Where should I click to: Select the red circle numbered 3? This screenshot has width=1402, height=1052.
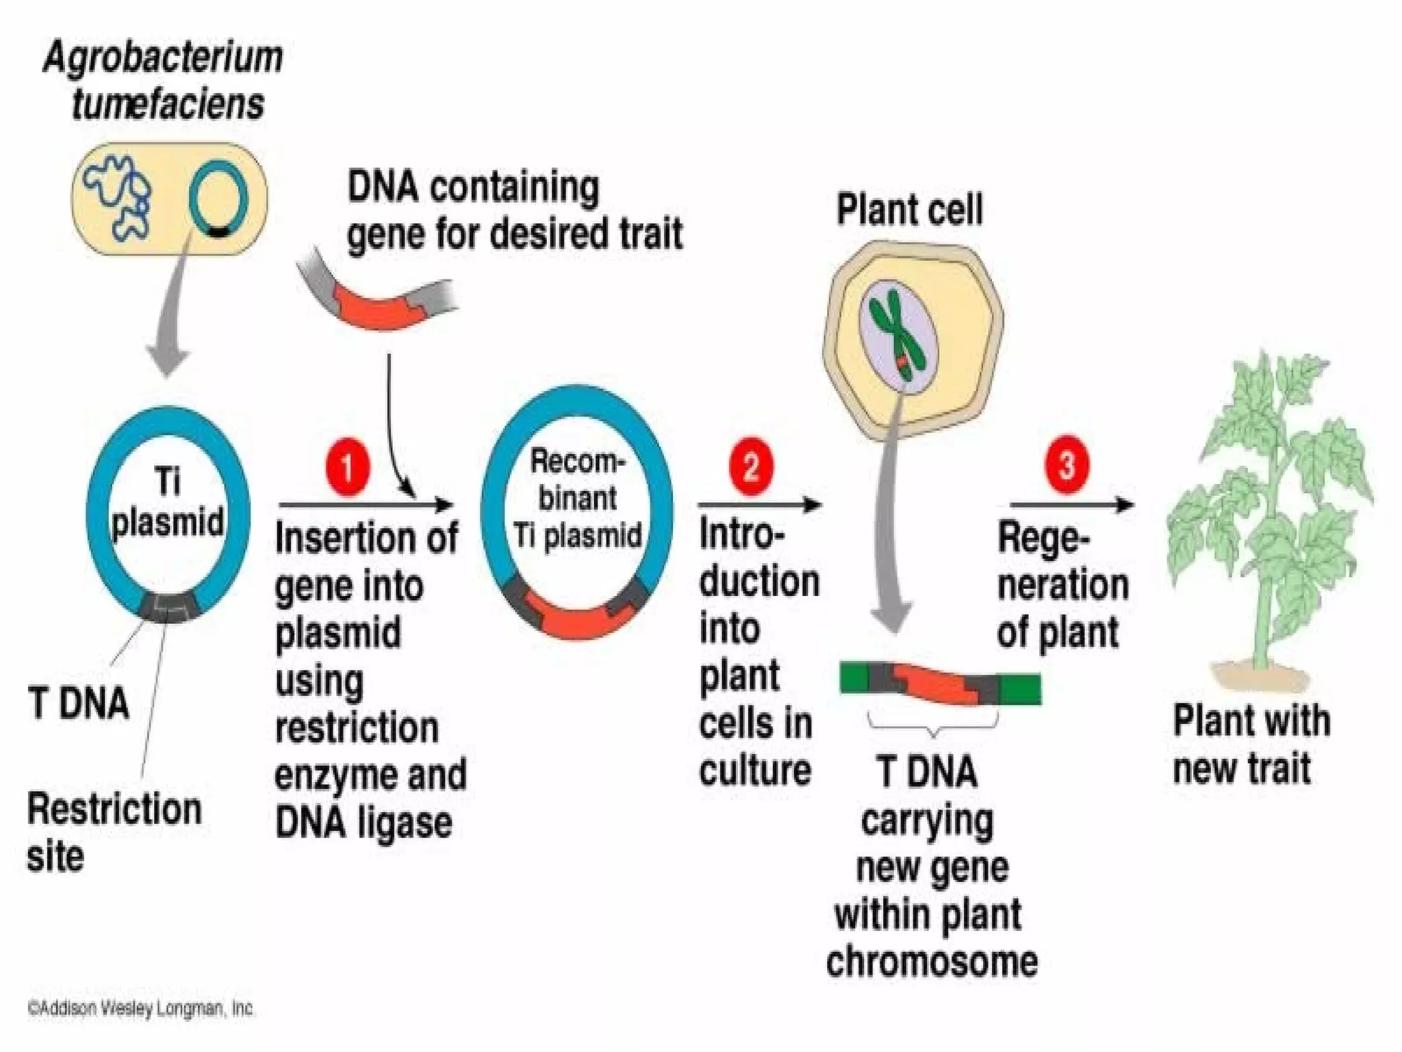point(1067,465)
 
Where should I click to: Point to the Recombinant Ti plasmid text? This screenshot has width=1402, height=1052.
point(577,499)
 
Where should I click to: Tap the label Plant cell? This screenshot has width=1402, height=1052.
point(909,210)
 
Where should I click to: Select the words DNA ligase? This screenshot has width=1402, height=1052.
point(364,823)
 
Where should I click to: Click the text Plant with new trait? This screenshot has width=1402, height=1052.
point(1250,744)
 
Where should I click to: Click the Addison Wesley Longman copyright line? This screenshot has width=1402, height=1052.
point(141,1008)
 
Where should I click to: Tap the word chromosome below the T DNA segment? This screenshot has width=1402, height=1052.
point(932,962)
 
